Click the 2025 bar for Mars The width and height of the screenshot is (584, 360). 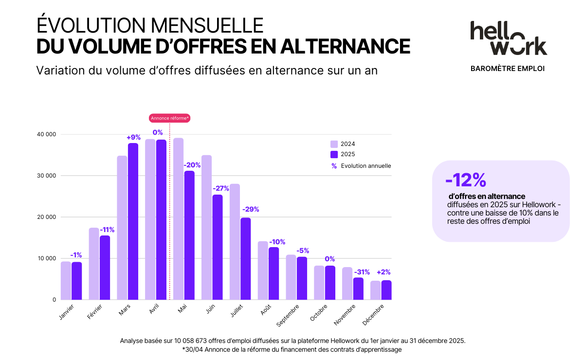133,221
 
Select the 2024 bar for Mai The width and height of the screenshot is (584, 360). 178,219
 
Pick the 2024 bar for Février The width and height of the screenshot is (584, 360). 94,264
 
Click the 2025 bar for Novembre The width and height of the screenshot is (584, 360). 358,288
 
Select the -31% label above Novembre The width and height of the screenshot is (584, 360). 362,272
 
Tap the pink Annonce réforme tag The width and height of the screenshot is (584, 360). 170,118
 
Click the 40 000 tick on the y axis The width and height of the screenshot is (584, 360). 47,134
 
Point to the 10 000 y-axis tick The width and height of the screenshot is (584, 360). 47,258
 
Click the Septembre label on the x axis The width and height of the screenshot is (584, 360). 287,316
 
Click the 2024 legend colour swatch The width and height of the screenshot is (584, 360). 334,144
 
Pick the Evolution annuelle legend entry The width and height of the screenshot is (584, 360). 365,166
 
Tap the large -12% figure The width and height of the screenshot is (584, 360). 466,180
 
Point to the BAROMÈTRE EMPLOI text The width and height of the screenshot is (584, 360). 508,69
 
